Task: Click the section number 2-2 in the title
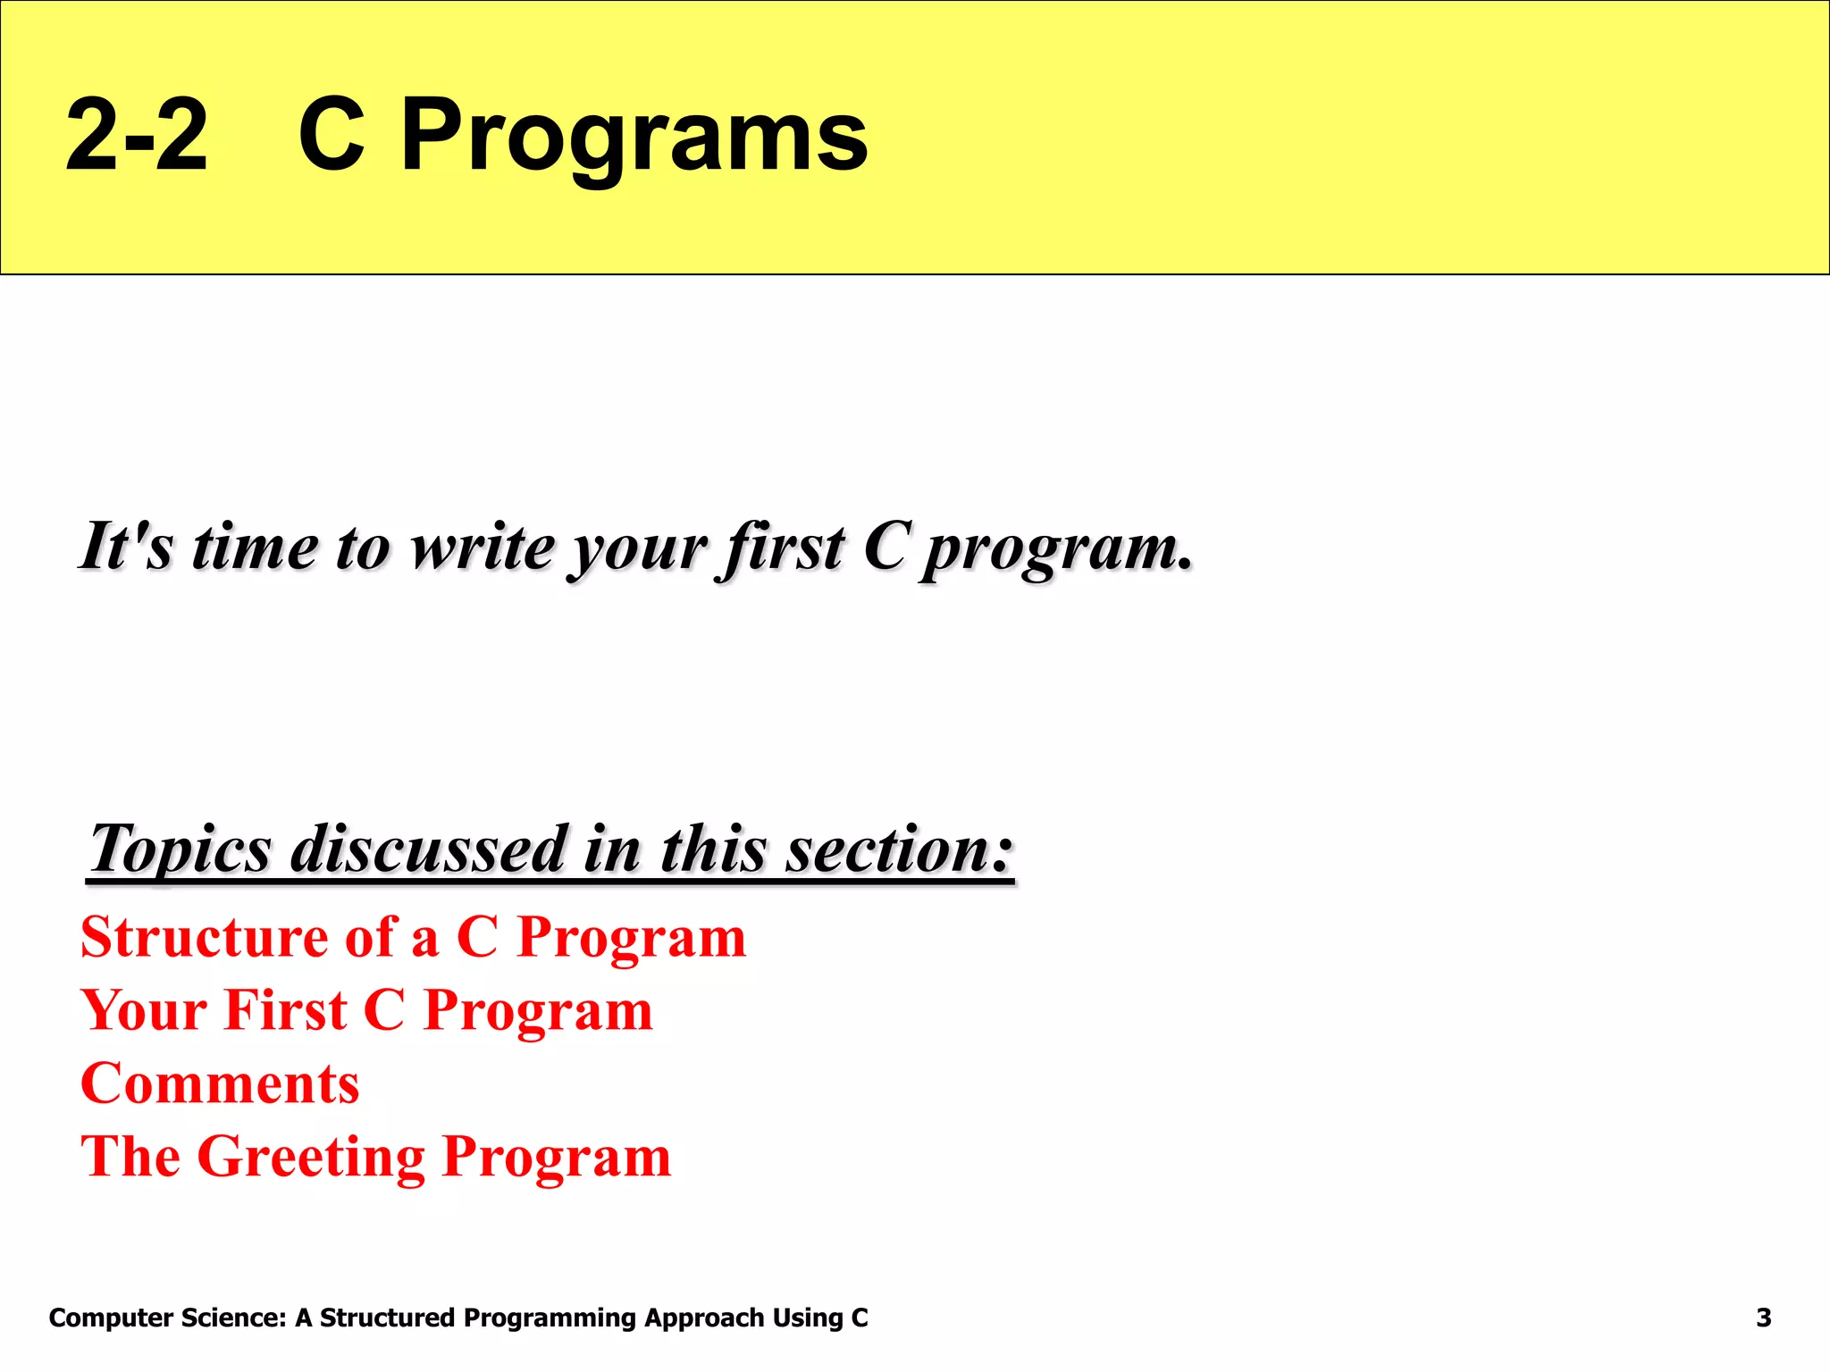(x=137, y=136)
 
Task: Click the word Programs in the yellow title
(x=634, y=136)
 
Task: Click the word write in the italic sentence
(x=483, y=547)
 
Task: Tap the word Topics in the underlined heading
(x=180, y=849)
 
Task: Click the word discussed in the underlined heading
(x=430, y=849)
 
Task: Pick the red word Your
(x=144, y=1010)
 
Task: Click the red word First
(x=285, y=1010)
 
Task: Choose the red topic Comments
(x=220, y=1083)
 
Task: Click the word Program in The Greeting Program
(x=556, y=1158)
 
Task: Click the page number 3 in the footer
(x=1763, y=1318)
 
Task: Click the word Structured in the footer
(x=387, y=1318)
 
